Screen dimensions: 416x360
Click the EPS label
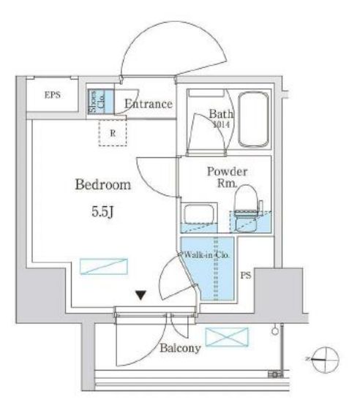coord(51,95)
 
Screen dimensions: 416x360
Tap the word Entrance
coord(149,104)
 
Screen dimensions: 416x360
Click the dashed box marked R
coord(113,133)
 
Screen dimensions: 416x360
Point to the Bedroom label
coord(103,185)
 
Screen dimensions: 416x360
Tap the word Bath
coord(220,114)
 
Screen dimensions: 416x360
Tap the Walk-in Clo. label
coord(207,254)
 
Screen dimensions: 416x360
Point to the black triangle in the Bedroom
coord(140,296)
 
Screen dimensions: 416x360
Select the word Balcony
coord(179,349)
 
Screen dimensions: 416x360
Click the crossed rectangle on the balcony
coord(226,337)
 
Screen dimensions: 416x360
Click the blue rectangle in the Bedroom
coord(103,266)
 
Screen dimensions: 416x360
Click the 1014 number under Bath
coord(222,125)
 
